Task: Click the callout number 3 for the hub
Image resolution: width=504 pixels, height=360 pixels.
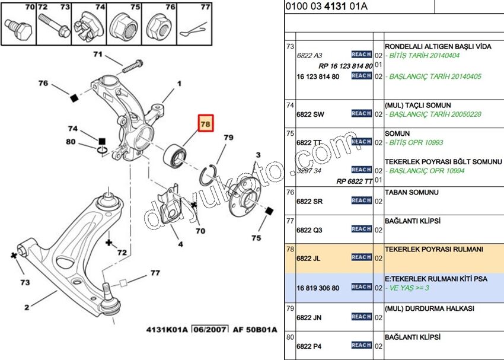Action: (258, 155)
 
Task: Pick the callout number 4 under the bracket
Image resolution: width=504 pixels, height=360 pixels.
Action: (180, 244)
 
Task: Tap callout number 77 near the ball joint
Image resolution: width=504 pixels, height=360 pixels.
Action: (155, 273)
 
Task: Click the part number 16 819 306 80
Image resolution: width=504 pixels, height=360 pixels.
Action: (318, 288)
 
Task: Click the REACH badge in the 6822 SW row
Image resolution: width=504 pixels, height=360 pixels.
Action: (361, 113)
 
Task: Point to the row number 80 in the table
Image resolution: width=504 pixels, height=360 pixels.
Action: (290, 337)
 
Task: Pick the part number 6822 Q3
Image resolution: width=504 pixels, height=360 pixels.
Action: (309, 230)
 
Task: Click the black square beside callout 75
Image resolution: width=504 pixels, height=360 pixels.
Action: (269, 211)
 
